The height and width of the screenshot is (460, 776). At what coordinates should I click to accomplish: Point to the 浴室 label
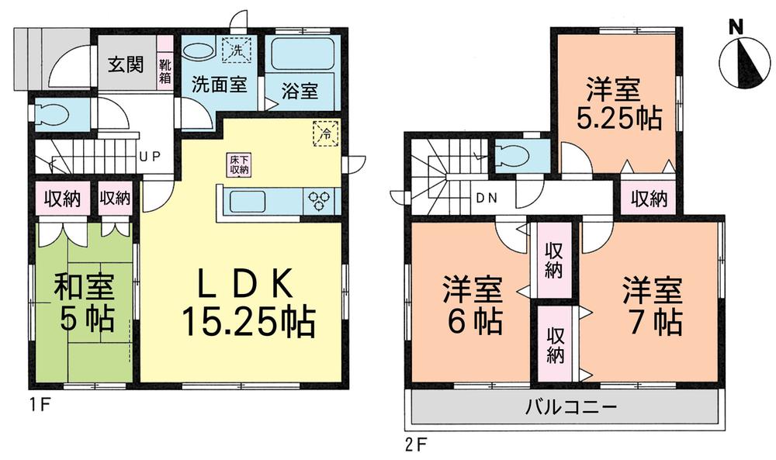pos(299,91)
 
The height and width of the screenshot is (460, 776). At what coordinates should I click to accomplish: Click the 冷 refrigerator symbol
pos(326,133)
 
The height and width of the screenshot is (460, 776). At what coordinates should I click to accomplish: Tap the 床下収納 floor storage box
pos(238,164)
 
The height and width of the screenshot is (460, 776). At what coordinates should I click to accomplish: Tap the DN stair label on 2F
pos(487,197)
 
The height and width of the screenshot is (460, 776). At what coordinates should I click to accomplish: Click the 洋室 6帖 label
pos(472,303)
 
